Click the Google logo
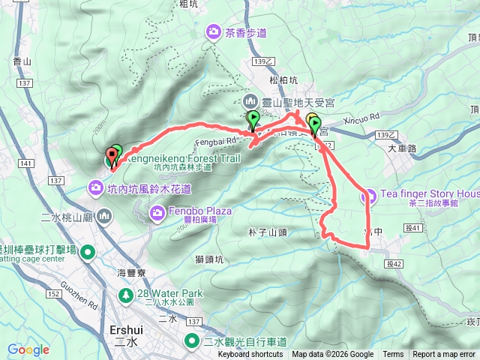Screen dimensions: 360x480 (28, 349)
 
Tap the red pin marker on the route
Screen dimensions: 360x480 (112, 157)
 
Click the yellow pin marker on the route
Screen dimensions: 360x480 (310, 120)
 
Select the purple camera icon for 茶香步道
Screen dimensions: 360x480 (213, 32)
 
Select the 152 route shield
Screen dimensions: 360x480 (55, 292)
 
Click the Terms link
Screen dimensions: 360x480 (393, 355)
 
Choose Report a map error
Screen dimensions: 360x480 (445, 355)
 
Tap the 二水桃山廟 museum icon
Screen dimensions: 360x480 (103, 217)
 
